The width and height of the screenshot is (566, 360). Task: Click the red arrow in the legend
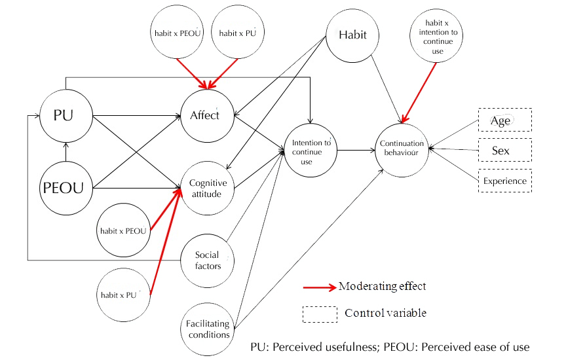[320, 287]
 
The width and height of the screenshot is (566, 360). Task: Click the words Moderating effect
[383, 286]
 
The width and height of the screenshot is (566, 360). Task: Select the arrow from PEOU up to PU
[66, 152]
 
